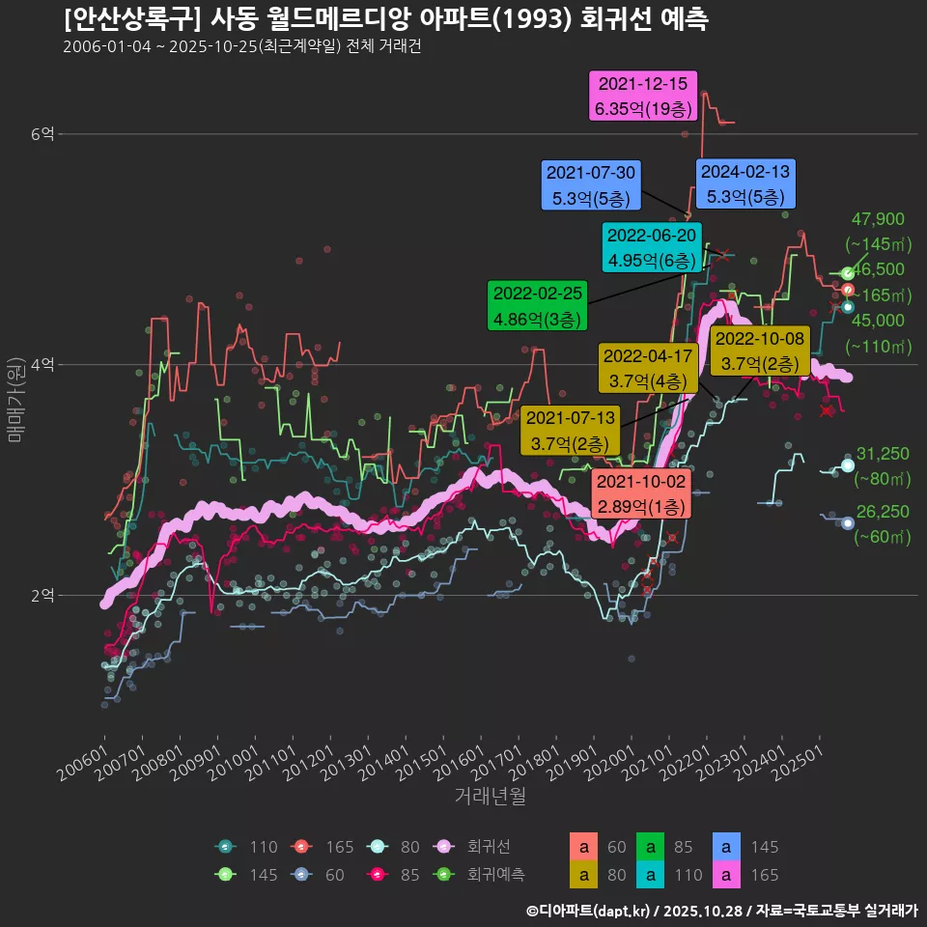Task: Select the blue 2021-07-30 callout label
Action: coord(591,185)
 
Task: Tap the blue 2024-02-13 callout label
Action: coord(744,183)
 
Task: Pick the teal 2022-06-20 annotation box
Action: coord(651,247)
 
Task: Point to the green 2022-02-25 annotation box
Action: coord(538,305)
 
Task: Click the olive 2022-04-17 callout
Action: coord(648,368)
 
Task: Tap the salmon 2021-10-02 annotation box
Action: coord(640,493)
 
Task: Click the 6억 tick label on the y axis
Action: coord(42,134)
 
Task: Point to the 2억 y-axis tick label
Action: coord(42,595)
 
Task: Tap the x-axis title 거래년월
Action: coord(491,797)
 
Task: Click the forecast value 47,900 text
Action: coord(878,219)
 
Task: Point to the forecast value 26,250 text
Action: coord(883,512)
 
